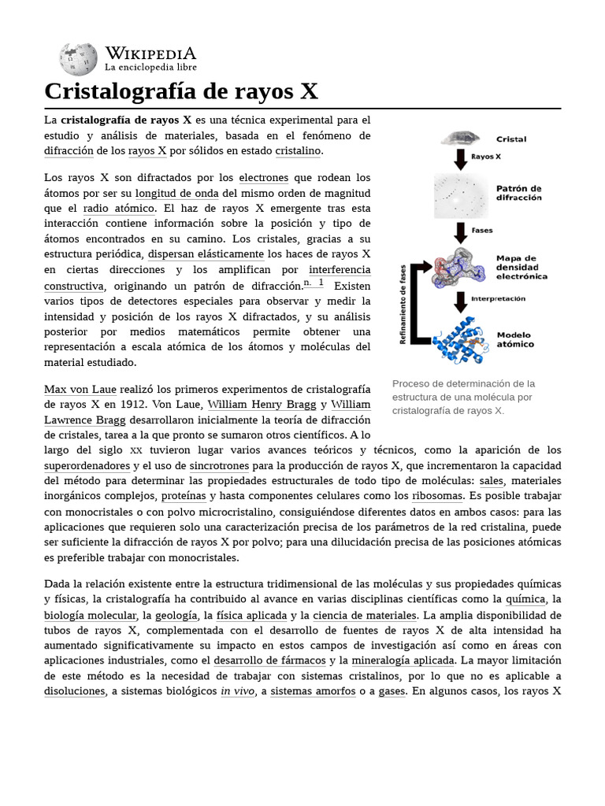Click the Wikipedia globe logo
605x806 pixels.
(x=77, y=59)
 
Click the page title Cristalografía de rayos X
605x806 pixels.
(x=181, y=91)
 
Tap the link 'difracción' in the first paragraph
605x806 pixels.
(x=69, y=150)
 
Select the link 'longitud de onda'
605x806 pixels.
(x=176, y=193)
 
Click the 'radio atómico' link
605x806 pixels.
(x=118, y=208)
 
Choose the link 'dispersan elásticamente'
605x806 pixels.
(x=206, y=254)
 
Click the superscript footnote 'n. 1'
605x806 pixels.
(x=314, y=283)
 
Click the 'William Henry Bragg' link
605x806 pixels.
(x=262, y=405)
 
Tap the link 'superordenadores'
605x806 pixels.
(x=87, y=466)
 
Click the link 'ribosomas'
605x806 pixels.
(x=437, y=496)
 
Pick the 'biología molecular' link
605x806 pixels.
(x=89, y=615)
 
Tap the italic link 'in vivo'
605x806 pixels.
(x=237, y=691)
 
